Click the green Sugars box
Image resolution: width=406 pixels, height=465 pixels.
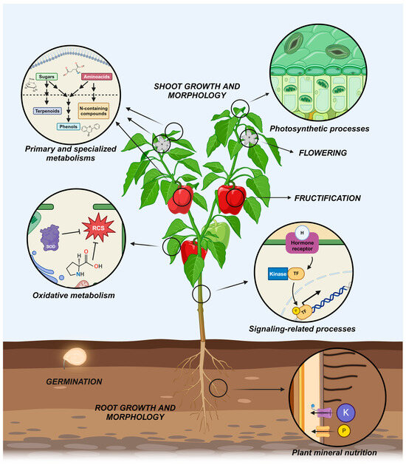pyautogui.click(x=47, y=75)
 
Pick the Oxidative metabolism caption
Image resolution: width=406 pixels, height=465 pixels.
pyautogui.click(x=72, y=295)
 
